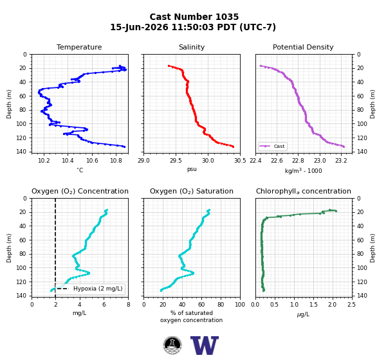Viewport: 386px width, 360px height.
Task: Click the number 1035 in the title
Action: [226, 17]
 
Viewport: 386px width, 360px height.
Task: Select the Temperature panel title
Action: [79, 47]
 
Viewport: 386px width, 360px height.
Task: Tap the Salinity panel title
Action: [192, 47]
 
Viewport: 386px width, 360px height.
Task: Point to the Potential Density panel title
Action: [303, 47]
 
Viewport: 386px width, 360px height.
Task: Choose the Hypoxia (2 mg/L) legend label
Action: [98, 289]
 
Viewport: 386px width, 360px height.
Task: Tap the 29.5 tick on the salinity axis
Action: [176, 161]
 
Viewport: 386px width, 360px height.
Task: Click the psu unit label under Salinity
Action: [192, 169]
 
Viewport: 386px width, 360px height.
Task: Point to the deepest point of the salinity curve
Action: [233, 147]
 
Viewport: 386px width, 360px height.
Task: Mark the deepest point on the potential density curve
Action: [344, 147]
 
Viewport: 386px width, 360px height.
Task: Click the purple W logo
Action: [205, 345]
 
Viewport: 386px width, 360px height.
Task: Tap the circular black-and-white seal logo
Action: [172, 345]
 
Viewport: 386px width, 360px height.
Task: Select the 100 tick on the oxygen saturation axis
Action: [240, 305]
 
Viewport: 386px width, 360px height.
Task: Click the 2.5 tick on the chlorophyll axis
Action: [352, 305]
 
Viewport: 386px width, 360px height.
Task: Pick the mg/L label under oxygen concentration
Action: [80, 313]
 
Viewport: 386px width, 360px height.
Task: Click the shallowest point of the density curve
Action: [261, 66]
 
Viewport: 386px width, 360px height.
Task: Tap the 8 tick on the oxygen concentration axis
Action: [128, 305]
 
